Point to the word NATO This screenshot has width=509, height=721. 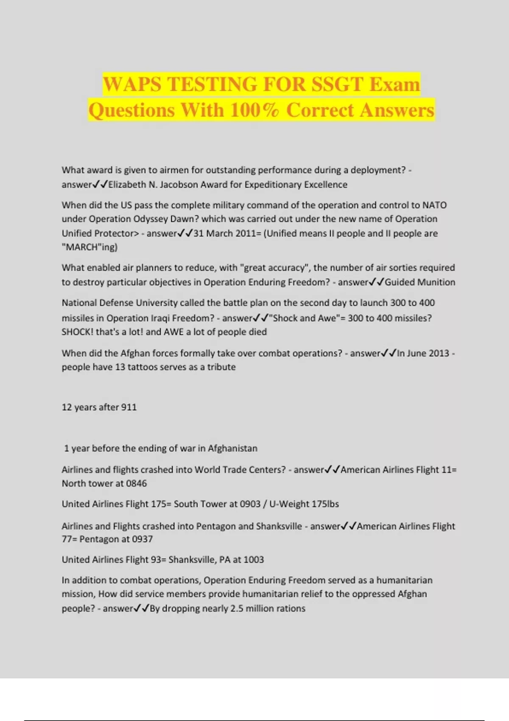click(434, 205)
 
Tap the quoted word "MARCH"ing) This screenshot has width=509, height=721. click(89, 247)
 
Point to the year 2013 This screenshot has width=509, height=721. click(437, 353)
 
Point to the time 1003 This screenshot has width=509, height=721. click(253, 559)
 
